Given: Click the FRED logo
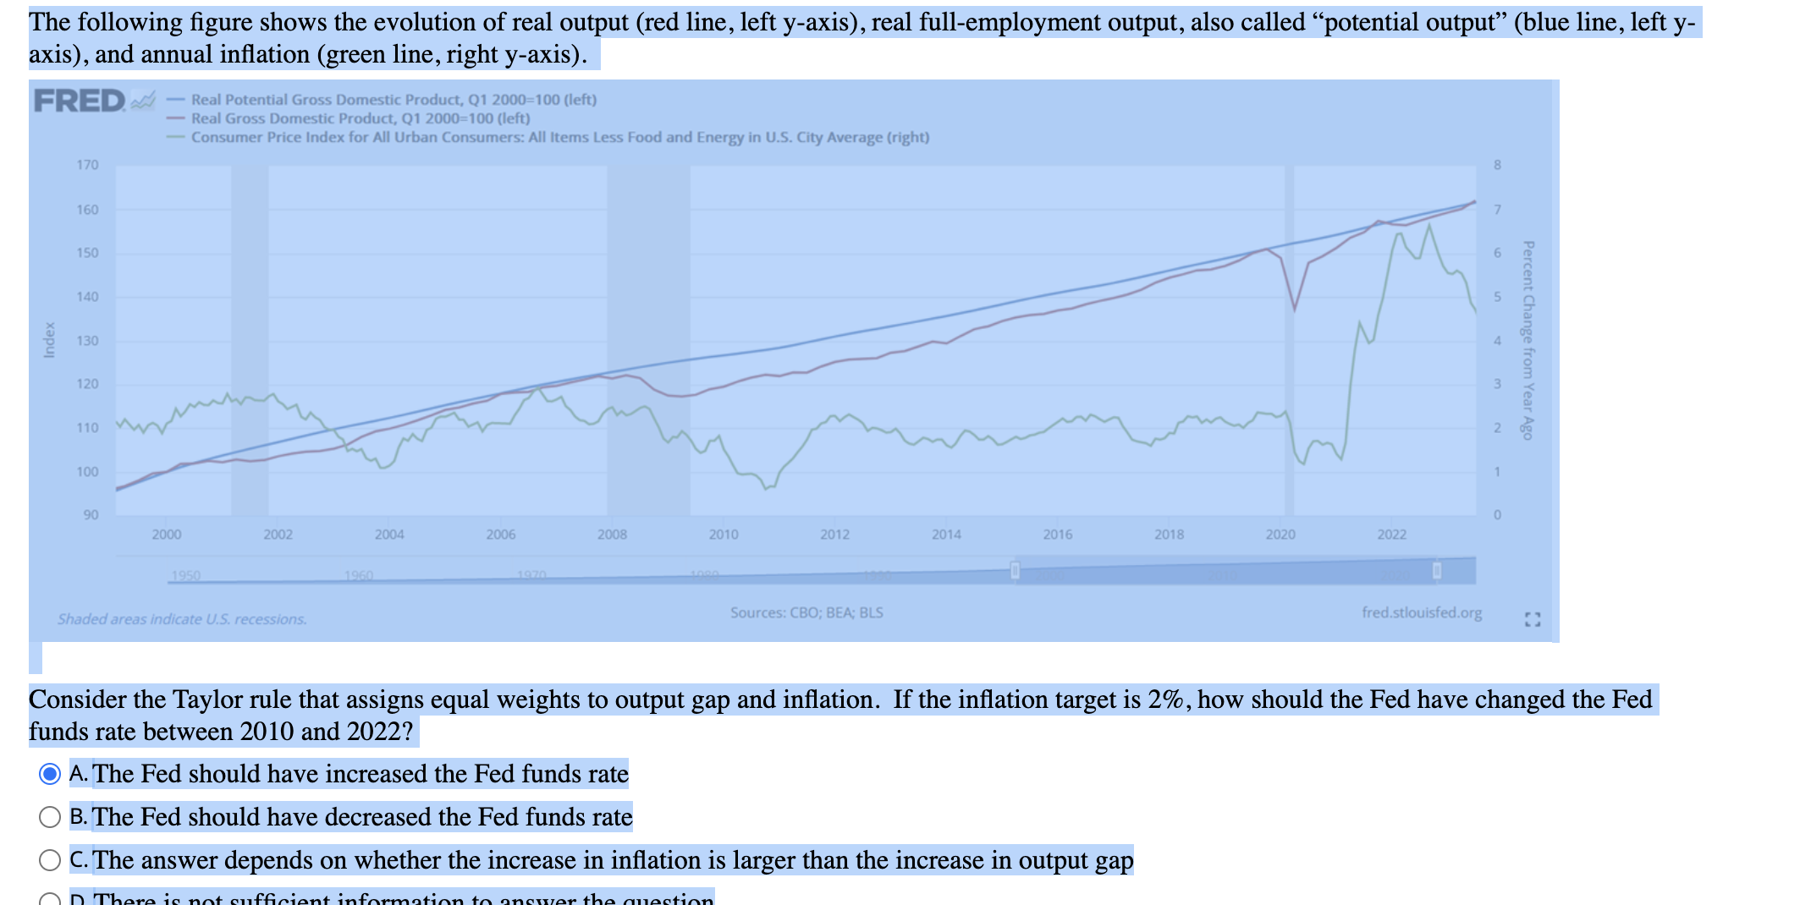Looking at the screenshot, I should (80, 101).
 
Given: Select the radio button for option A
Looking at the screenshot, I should (50, 774).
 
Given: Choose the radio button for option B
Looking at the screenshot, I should (50, 817).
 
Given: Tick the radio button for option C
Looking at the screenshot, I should (50, 860).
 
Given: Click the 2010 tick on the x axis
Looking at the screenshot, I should (723, 535).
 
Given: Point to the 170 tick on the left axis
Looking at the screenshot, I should (87, 165).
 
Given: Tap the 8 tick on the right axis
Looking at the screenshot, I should (1497, 165).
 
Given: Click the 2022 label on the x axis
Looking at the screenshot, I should (1391, 535).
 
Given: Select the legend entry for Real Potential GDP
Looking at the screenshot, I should (394, 100).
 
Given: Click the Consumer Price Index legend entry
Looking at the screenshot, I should (559, 137).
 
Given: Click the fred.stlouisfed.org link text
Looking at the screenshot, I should (1422, 612).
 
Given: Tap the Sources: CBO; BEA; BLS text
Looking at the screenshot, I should (806, 612).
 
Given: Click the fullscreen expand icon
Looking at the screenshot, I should (1533, 619).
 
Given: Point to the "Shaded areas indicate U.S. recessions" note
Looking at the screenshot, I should (182, 619).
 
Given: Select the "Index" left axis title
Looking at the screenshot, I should (50, 340).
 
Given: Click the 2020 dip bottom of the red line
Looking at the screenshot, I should (1294, 310).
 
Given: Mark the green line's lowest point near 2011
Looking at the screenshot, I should (765, 489).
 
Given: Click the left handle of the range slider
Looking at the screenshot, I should (1015, 571).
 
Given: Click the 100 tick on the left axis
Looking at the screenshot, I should (87, 472).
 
